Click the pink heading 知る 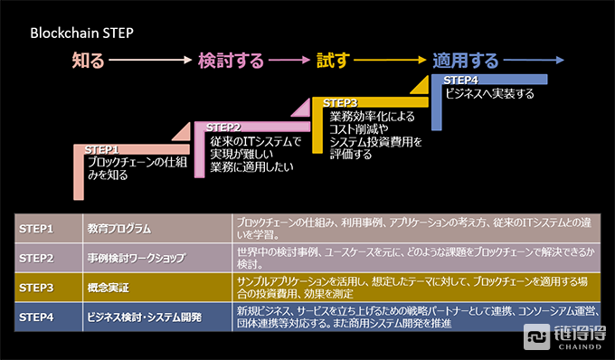click(89, 62)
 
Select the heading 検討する click(231, 62)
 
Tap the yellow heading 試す click(332, 62)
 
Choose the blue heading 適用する click(465, 62)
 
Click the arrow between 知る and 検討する click(150, 62)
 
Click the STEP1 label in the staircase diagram click(102, 149)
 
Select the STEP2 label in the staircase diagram click(223, 127)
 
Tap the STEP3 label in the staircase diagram click(340, 103)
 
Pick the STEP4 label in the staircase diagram click(460, 81)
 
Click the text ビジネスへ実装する click(489, 93)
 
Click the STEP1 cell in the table click(37, 228)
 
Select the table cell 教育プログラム click(119, 228)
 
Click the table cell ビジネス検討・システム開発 click(145, 317)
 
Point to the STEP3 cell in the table click(37, 288)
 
